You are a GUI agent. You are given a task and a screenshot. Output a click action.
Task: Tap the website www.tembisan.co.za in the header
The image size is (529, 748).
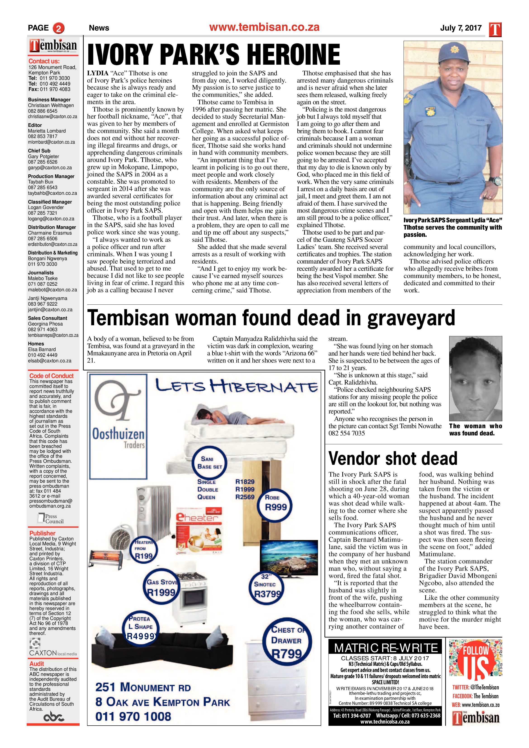coord(264,27)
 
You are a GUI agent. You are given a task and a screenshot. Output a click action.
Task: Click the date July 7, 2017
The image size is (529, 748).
coord(461,28)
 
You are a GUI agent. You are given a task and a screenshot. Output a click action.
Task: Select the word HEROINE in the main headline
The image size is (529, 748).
coord(293,55)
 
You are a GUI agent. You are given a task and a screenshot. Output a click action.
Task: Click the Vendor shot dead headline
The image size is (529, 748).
coord(393,458)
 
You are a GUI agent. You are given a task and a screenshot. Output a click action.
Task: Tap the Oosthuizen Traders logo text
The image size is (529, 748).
coord(118,437)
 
